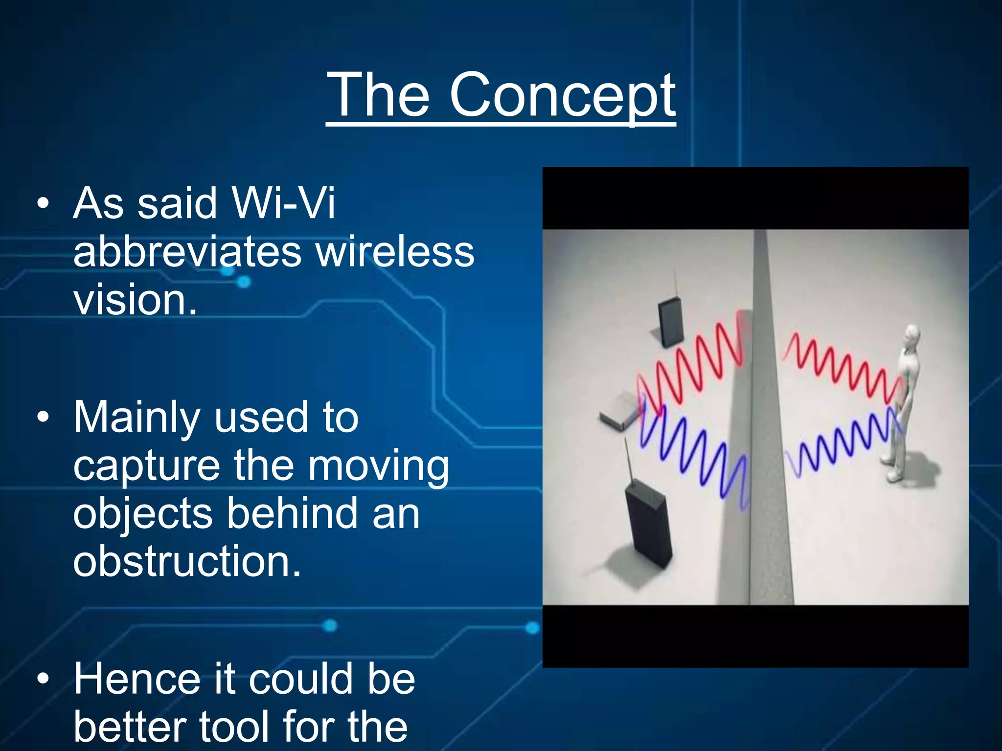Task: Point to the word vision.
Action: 135,299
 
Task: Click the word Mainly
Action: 137,418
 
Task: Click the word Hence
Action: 137,680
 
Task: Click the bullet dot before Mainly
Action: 43,417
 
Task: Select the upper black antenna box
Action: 670,321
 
